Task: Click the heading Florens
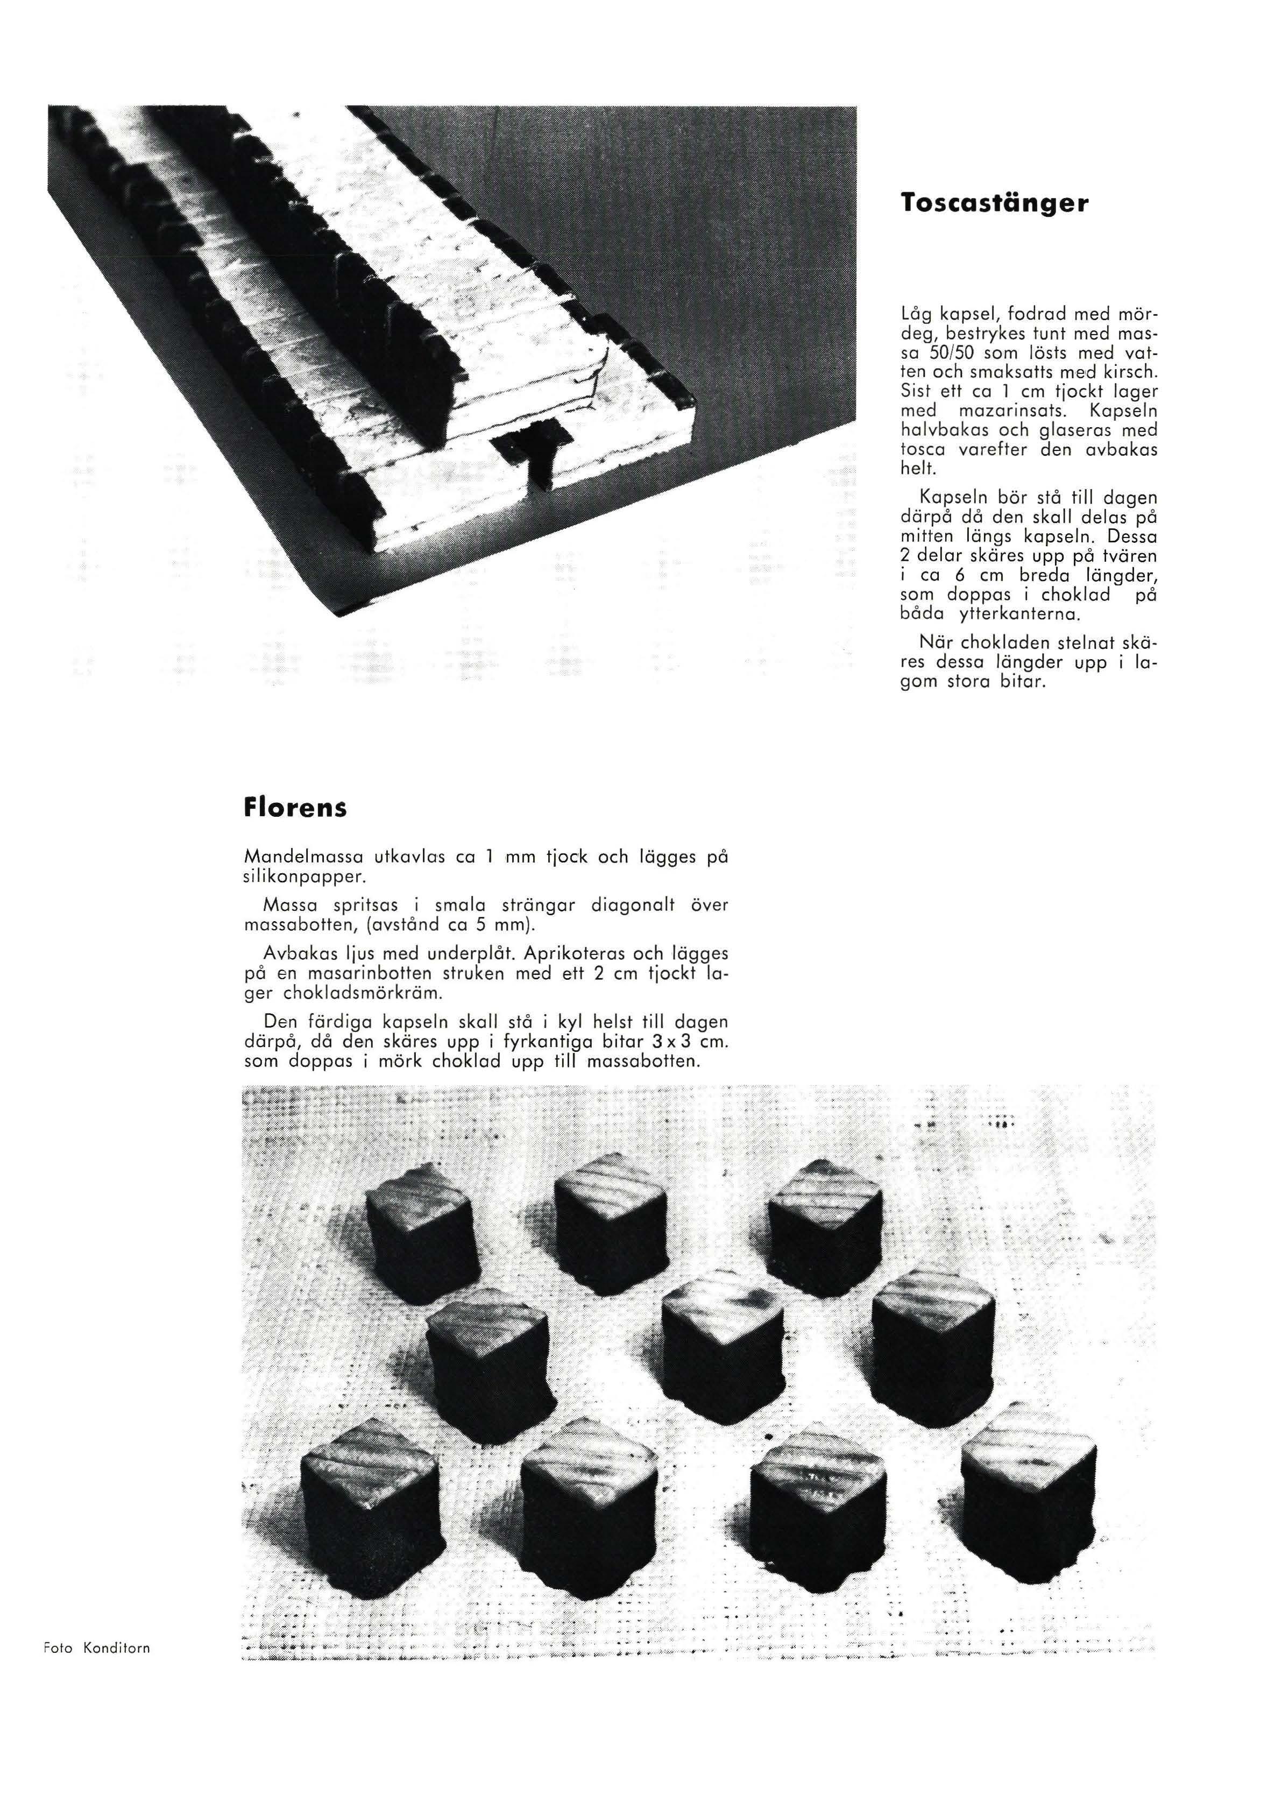(x=295, y=809)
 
